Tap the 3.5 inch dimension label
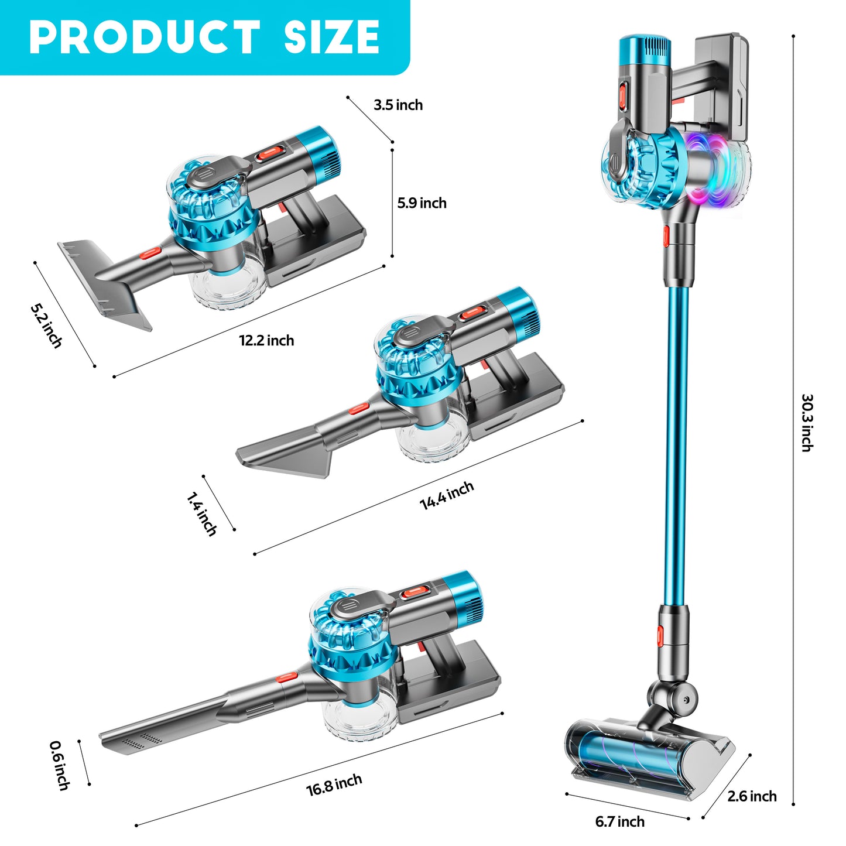(398, 105)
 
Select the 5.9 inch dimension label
(422, 203)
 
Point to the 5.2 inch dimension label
(46, 326)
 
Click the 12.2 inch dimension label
(266, 340)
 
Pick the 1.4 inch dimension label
(201, 514)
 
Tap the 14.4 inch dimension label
(447, 495)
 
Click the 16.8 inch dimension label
(334, 785)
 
